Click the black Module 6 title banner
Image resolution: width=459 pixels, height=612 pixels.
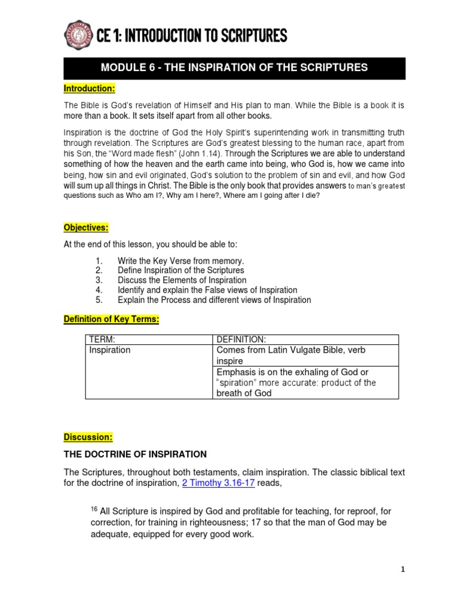(234, 68)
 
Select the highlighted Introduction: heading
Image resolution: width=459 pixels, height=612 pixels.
(89, 88)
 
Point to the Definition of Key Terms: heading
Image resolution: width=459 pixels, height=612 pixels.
(112, 319)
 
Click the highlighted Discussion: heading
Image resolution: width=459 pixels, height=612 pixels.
(88, 437)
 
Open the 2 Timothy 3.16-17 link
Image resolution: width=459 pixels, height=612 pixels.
(218, 484)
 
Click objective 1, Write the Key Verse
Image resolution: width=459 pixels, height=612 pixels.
(180, 261)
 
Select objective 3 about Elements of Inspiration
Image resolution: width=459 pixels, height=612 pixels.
(182, 280)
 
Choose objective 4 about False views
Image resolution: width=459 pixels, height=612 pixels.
(207, 290)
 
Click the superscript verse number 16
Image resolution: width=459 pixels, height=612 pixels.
(94, 509)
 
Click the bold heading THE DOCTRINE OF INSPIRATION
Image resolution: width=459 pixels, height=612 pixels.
(135, 454)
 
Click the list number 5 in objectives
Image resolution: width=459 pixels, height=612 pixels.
(99, 299)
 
